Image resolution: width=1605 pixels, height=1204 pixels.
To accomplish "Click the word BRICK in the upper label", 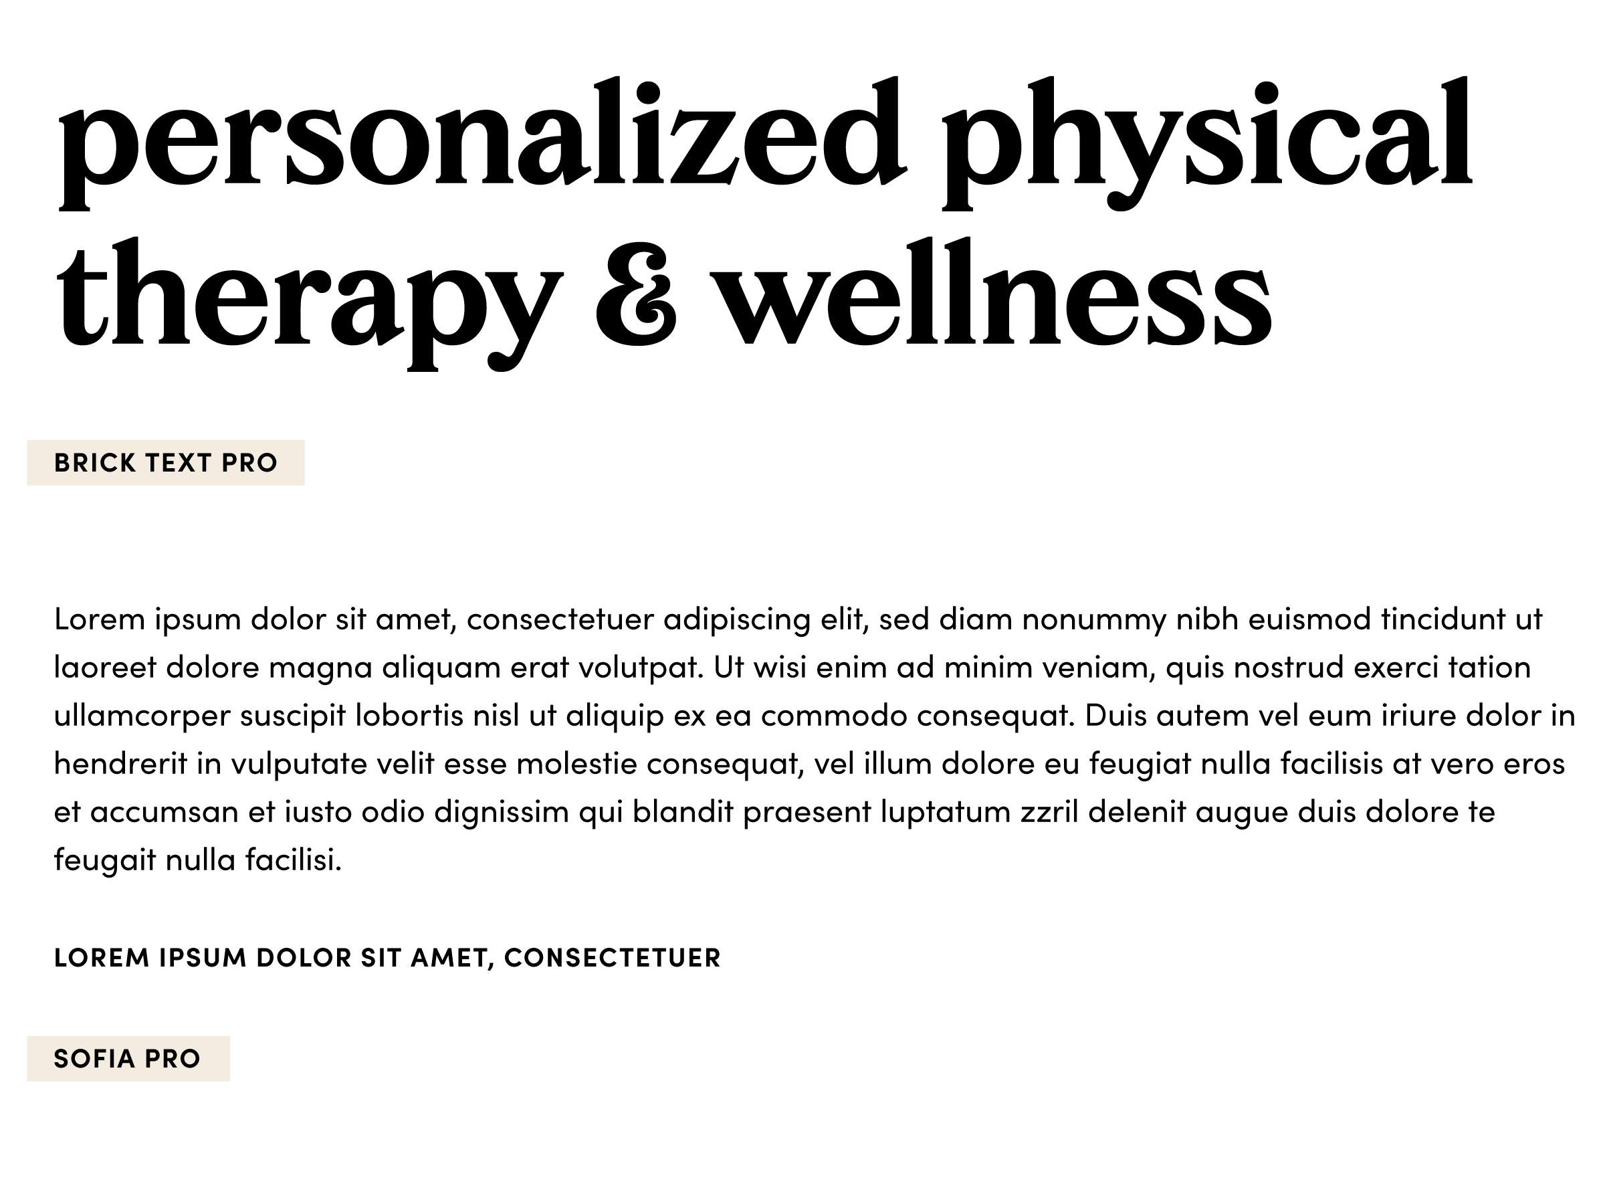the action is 95,463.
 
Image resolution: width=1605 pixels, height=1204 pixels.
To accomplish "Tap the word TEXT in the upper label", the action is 179,463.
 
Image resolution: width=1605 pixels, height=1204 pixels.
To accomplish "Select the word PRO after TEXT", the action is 249,463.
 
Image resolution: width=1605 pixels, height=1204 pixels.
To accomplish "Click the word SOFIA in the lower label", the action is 94,1059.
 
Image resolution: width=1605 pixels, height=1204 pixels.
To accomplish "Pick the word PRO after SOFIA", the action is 173,1059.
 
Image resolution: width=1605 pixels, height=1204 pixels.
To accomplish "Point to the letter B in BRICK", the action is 62,463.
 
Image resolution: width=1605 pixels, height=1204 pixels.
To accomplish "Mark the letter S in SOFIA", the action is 62,1059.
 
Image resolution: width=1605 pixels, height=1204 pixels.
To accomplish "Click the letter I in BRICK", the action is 97,463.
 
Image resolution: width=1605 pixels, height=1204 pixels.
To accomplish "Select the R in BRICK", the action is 82,463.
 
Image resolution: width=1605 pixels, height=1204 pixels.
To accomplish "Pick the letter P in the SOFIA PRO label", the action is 152,1059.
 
